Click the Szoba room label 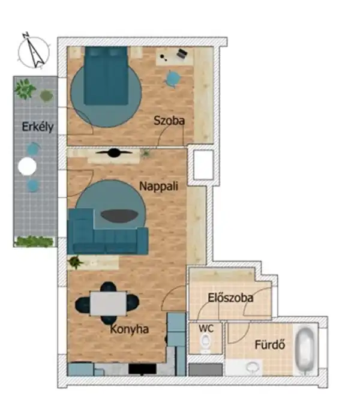coord(169,121)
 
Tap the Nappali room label coord(158,186)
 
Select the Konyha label coord(129,329)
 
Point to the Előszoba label coord(230,297)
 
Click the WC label coord(206,329)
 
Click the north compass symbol coord(34,50)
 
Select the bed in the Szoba coord(106,75)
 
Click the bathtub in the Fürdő coord(307,350)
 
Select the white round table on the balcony coord(27,166)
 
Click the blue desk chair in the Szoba coord(173,78)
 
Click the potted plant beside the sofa coord(76,262)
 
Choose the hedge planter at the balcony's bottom coord(34,241)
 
